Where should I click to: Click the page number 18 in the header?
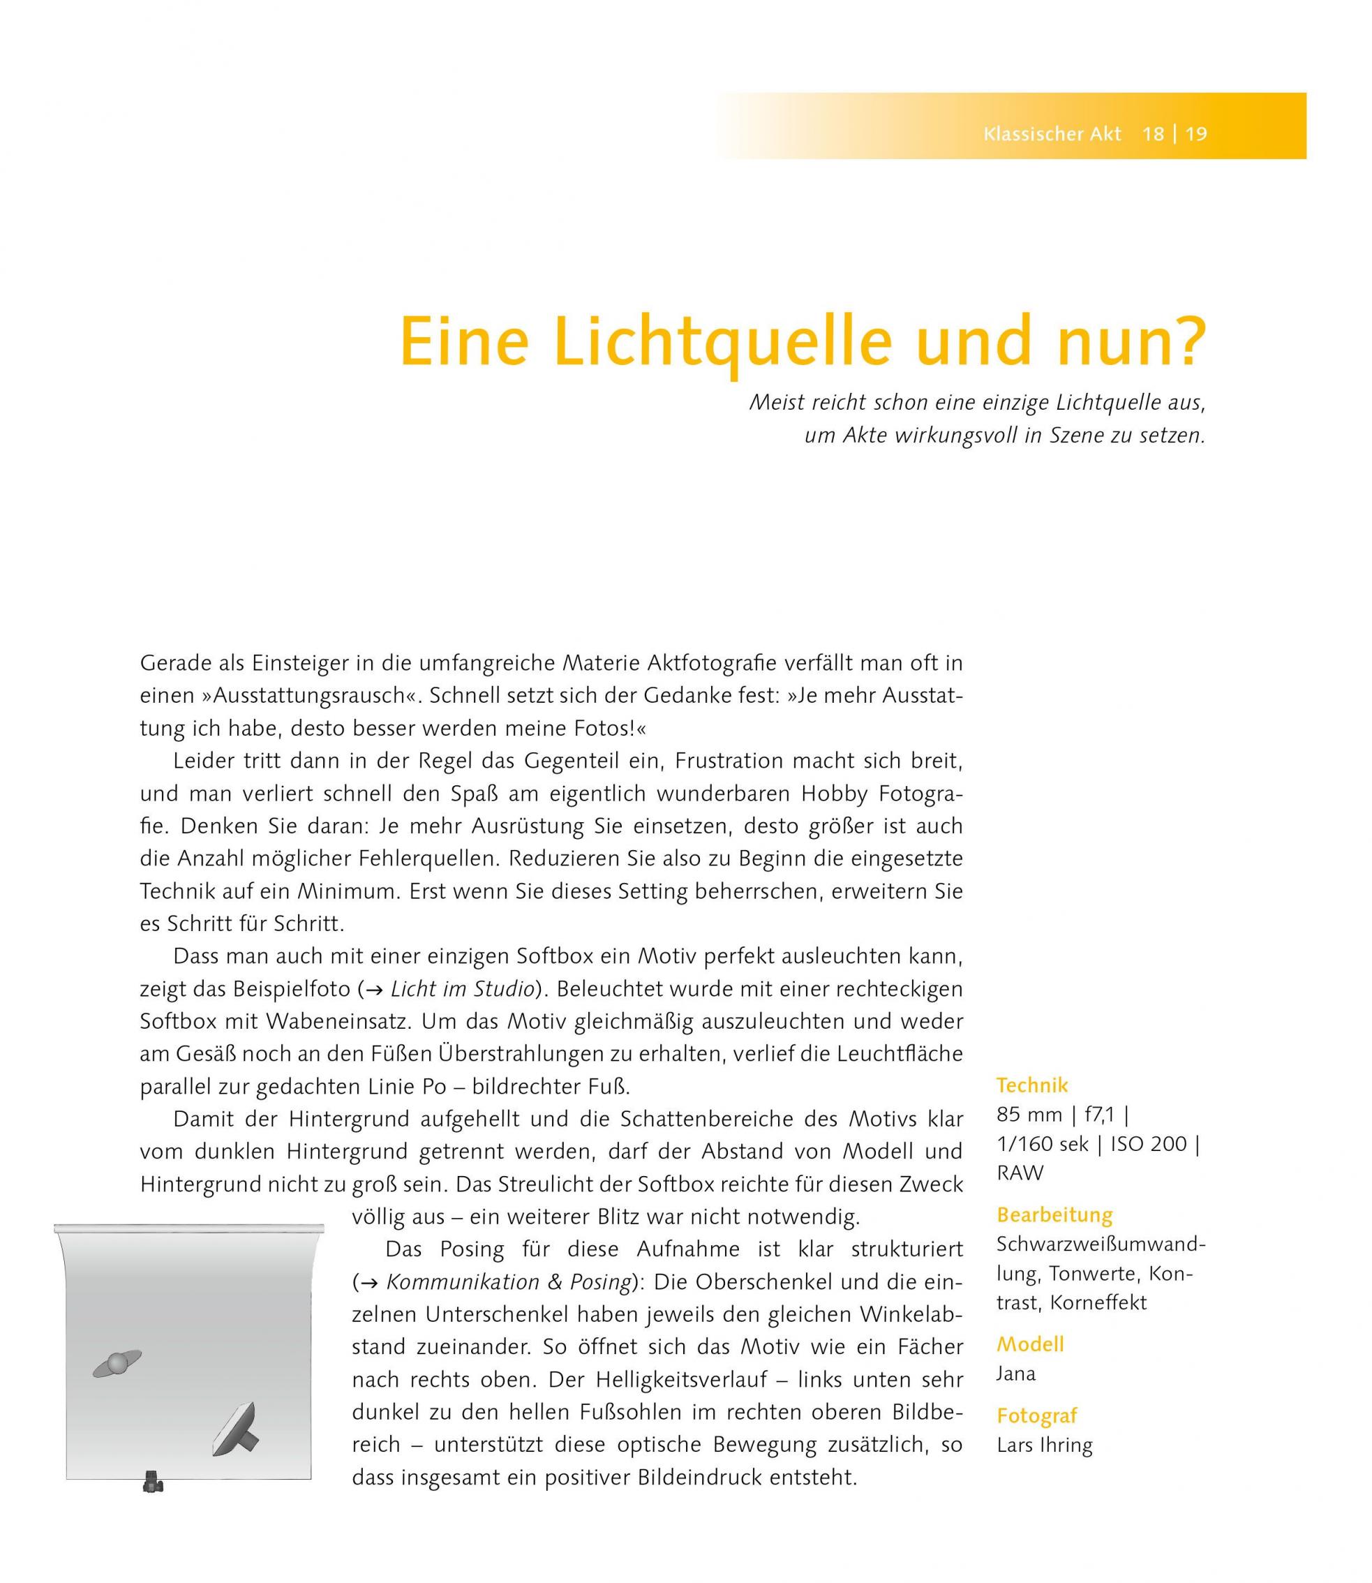click(1152, 135)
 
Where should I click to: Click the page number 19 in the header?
click(1196, 135)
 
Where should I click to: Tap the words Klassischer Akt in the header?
click(1052, 135)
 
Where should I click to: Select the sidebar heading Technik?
click(1031, 1085)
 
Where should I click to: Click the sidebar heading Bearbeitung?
click(1054, 1215)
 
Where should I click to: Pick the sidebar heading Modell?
click(1030, 1345)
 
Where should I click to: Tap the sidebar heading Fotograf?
click(1036, 1416)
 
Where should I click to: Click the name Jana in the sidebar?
click(1016, 1373)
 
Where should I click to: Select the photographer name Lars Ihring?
click(1044, 1445)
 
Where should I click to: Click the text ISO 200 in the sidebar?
click(1150, 1144)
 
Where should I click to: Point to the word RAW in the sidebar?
click(1020, 1173)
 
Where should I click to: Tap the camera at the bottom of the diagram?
click(153, 1481)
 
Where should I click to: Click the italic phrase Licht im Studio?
click(462, 989)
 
